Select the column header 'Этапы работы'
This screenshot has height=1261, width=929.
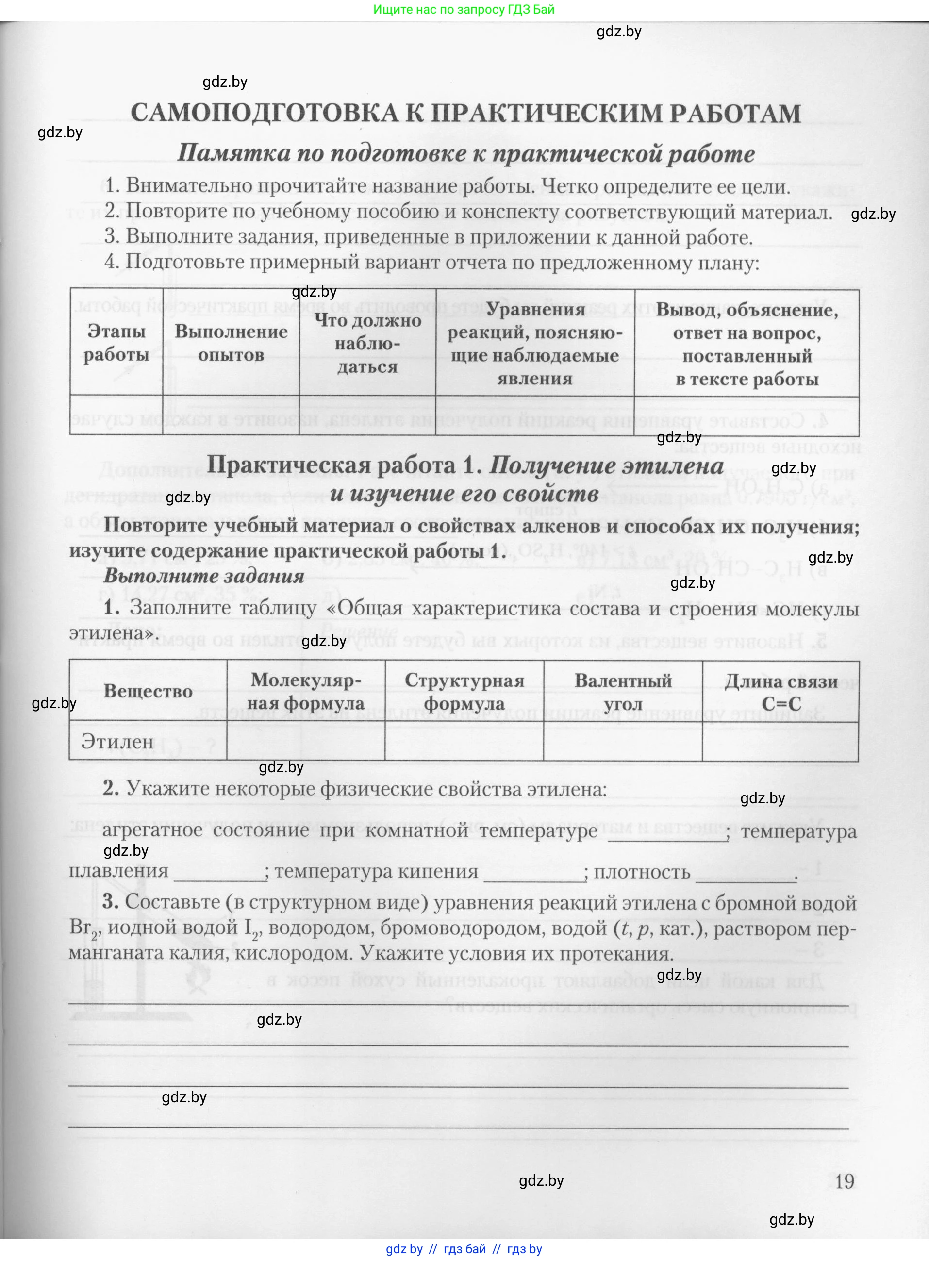pyautogui.click(x=116, y=343)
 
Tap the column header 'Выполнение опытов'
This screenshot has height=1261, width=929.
pyautogui.click(x=231, y=343)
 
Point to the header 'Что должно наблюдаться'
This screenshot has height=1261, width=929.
pyautogui.click(x=368, y=343)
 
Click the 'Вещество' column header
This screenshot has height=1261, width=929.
pyautogui.click(x=148, y=691)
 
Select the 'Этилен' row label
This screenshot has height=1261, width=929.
pyautogui.click(x=117, y=742)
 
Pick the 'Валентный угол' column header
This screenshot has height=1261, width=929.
pyautogui.click(x=623, y=692)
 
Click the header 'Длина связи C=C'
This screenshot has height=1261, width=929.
pyautogui.click(x=781, y=692)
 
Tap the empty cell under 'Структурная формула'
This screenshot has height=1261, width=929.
pyautogui.click(x=464, y=742)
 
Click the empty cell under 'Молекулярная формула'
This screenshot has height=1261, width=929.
pyautogui.click(x=306, y=742)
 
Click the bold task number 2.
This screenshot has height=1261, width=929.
pyautogui.click(x=111, y=789)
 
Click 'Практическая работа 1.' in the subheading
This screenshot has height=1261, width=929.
pyautogui.click(x=345, y=465)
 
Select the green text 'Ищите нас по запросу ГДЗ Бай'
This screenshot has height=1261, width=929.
pyautogui.click(x=464, y=10)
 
